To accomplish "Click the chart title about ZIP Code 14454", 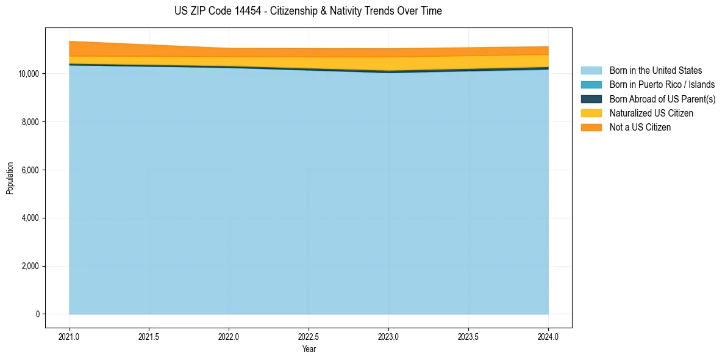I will [308, 11].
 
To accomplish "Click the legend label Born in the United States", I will [655, 71].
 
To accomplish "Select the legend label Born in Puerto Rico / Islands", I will [662, 85].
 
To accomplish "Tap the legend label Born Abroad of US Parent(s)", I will [662, 99].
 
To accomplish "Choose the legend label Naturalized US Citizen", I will [651, 113].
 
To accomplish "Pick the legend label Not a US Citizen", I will [640, 127].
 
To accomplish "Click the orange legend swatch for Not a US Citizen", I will [591, 127].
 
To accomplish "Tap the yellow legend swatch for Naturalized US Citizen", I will [591, 113].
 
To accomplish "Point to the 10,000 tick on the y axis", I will [29, 74].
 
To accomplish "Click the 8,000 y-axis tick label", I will [30, 122].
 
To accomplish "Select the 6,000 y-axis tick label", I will [30, 170].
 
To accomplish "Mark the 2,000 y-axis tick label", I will [30, 266].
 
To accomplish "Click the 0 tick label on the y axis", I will [37, 314].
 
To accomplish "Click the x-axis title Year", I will [309, 349].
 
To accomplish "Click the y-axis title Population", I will [10, 178].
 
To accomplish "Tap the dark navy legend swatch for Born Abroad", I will [591, 99].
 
